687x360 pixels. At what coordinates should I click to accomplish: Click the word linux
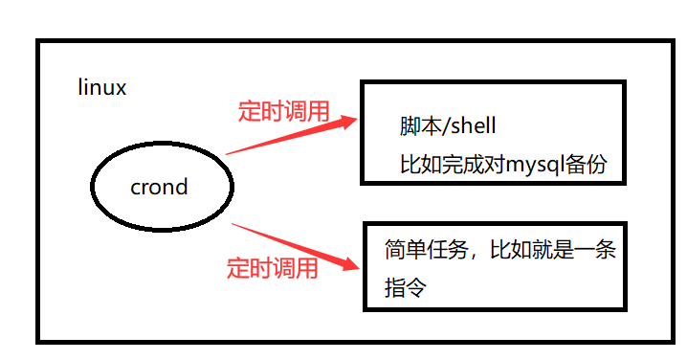[x=101, y=88]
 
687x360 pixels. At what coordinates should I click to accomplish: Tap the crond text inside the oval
[x=159, y=187]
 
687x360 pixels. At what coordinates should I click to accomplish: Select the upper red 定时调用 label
[x=283, y=112]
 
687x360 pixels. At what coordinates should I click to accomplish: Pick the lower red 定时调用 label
[x=272, y=268]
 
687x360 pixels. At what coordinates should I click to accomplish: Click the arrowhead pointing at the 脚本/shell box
[x=346, y=122]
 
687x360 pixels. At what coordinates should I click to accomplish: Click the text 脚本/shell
[x=448, y=126]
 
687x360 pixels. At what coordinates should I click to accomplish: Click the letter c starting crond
[x=136, y=188]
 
